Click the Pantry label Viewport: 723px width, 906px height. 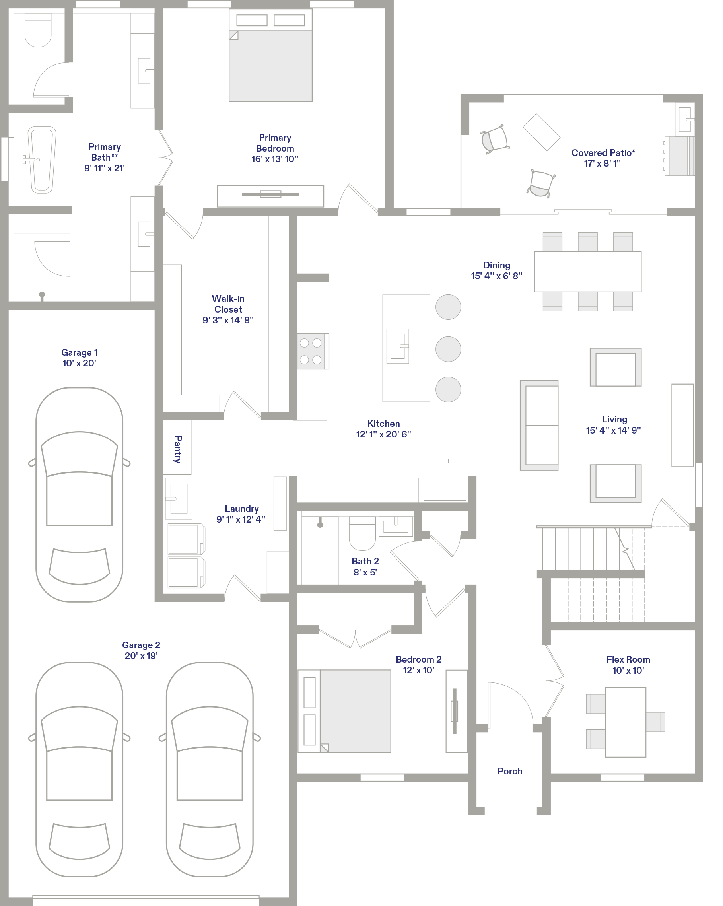coord(178,449)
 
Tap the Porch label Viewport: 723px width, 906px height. coord(509,771)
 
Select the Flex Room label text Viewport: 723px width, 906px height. coord(628,659)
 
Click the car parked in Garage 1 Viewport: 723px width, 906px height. coord(80,495)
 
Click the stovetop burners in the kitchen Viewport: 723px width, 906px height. coord(311,351)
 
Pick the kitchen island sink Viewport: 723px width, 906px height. coord(398,346)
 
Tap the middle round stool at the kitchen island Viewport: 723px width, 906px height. coord(448,349)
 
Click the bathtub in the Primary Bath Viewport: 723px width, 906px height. coord(42,160)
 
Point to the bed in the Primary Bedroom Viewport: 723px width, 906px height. coord(270,55)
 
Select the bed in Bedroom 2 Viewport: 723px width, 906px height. coord(344,711)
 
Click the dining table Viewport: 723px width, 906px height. coord(587,272)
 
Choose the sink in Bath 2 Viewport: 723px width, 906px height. coord(396,527)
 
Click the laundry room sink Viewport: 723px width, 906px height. coord(179,498)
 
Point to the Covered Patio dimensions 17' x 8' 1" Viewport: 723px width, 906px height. coord(602,163)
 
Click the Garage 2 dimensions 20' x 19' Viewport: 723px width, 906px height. coord(141,655)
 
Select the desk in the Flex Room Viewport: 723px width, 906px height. coord(626,722)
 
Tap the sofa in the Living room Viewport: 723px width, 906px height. coord(539,425)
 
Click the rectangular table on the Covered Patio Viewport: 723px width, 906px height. coord(542,132)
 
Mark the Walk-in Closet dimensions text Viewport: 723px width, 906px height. coord(228,320)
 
